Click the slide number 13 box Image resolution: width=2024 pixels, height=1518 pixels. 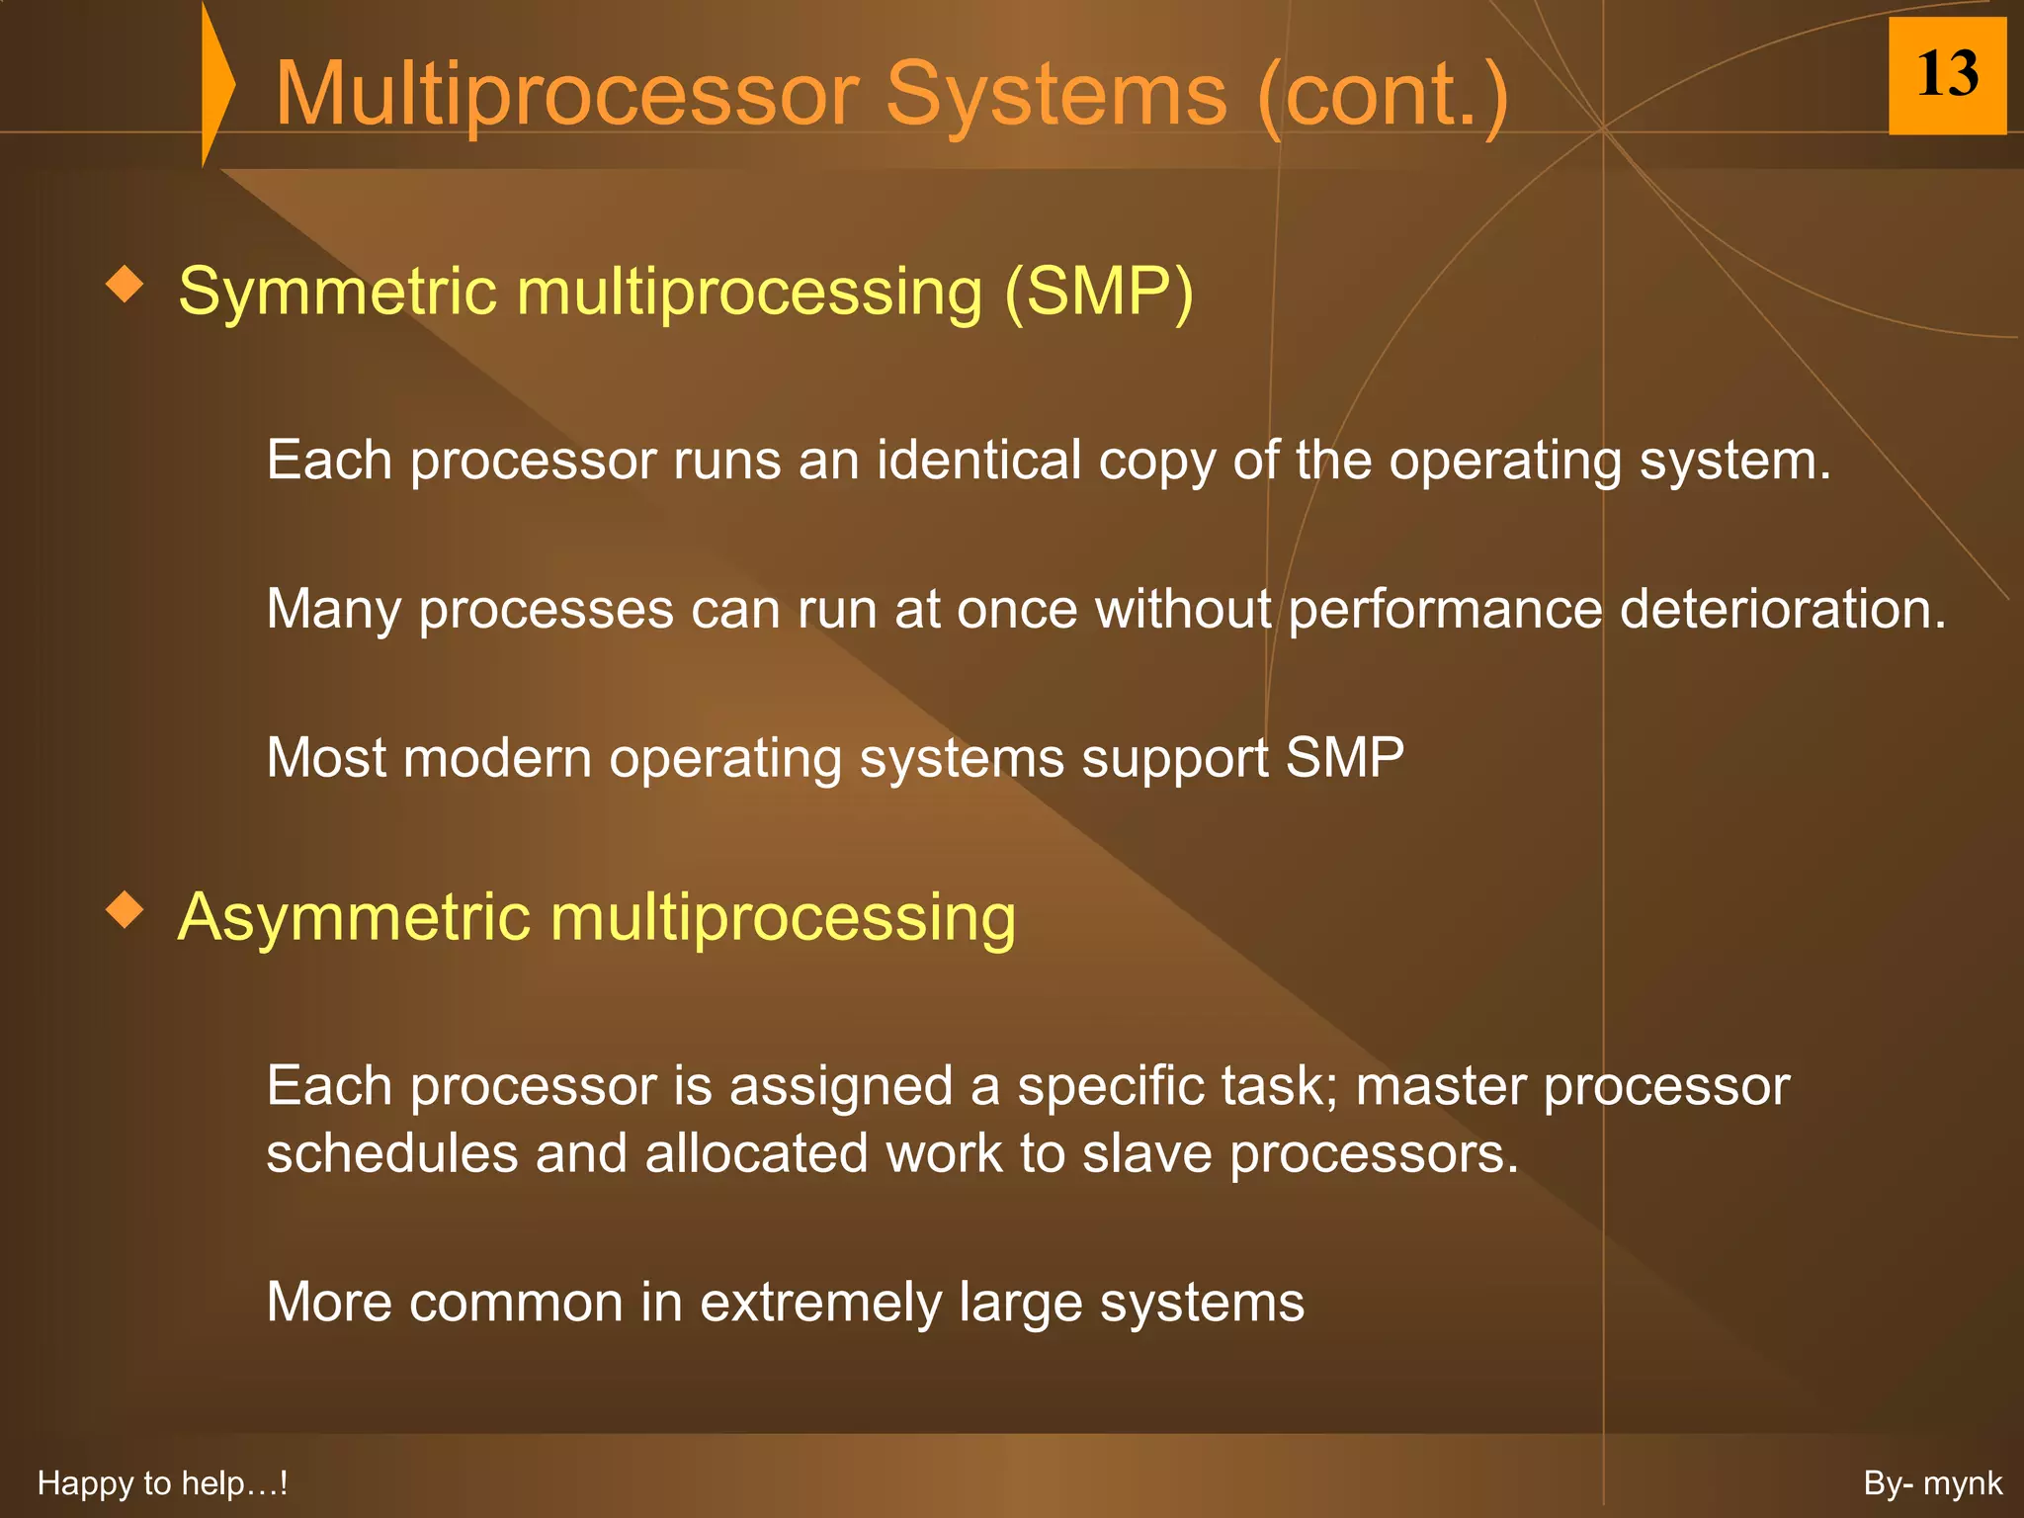pyautogui.click(x=1946, y=75)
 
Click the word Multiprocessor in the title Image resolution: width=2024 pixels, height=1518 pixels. pyautogui.click(x=566, y=94)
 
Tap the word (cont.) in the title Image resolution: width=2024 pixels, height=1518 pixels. pyautogui.click(x=1383, y=94)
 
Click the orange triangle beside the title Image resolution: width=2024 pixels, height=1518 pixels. pyautogui.click(x=216, y=85)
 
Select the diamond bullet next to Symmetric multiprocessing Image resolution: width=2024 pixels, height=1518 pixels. pyautogui.click(x=125, y=285)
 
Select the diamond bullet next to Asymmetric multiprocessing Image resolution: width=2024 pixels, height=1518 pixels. pyautogui.click(x=125, y=908)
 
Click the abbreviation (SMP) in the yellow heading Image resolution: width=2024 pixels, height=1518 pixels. pyautogui.click(x=1098, y=293)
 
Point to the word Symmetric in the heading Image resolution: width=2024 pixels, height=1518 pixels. pyautogui.click(x=337, y=293)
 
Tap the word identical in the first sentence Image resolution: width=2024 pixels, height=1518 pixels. pyautogui.click(x=978, y=461)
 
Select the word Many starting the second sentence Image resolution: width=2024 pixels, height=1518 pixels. pyautogui.click(x=333, y=610)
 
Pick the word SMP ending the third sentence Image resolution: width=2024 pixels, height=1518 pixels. pyautogui.click(x=1344, y=758)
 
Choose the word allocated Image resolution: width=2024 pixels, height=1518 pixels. pyautogui.click(x=756, y=1153)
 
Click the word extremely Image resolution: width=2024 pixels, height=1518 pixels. pyautogui.click(x=820, y=1303)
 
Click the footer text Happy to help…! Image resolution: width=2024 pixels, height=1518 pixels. pyautogui.click(x=162, y=1483)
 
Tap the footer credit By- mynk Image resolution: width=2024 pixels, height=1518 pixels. pyautogui.click(x=1932, y=1483)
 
